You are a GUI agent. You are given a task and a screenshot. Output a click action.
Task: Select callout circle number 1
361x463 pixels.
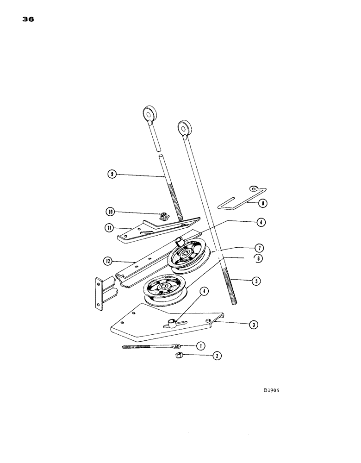click(200, 346)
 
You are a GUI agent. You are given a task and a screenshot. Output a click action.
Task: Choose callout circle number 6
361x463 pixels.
click(259, 258)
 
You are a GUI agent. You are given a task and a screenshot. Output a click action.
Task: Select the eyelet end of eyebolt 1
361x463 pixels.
click(177, 345)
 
